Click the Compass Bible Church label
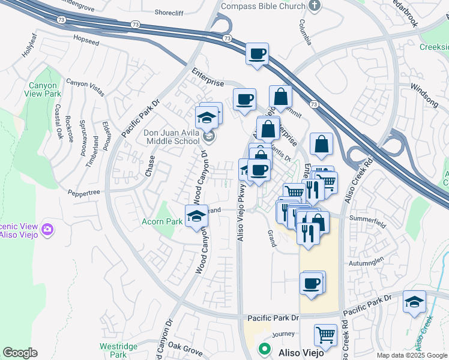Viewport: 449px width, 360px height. point(264,6)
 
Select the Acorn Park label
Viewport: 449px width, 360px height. point(162,222)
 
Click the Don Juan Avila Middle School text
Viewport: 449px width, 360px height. point(171,137)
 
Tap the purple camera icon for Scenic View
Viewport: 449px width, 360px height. point(47,229)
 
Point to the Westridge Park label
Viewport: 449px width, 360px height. point(114,350)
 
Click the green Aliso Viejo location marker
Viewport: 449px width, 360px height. point(263,349)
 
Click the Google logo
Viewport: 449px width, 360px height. point(20,353)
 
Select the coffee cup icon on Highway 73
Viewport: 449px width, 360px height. point(257,55)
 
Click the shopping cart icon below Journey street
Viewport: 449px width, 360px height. point(325,335)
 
